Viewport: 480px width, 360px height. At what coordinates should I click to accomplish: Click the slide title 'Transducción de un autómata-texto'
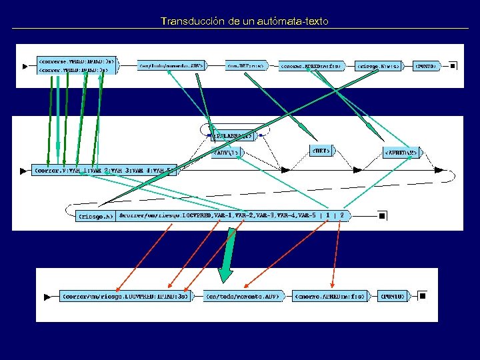[244, 21]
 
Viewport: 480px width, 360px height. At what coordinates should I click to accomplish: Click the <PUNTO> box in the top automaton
[426, 66]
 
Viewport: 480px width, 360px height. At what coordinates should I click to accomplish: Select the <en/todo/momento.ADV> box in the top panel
[171, 65]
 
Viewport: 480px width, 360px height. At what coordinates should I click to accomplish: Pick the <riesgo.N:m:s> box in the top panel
[379, 66]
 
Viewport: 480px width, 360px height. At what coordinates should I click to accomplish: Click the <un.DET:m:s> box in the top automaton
[245, 66]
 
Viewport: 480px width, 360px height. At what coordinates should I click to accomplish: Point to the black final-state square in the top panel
[453, 66]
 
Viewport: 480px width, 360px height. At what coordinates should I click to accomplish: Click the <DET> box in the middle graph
[320, 151]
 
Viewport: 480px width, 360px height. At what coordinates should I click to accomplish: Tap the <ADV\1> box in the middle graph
[226, 153]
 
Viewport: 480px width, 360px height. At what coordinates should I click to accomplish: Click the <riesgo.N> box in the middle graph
[96, 215]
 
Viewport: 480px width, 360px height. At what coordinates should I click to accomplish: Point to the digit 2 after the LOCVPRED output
[342, 215]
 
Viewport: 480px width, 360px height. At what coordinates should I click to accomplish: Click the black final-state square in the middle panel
[382, 215]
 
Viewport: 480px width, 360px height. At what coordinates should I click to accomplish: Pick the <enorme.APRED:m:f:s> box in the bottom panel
[329, 295]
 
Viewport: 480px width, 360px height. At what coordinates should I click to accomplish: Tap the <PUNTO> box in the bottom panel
[393, 295]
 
